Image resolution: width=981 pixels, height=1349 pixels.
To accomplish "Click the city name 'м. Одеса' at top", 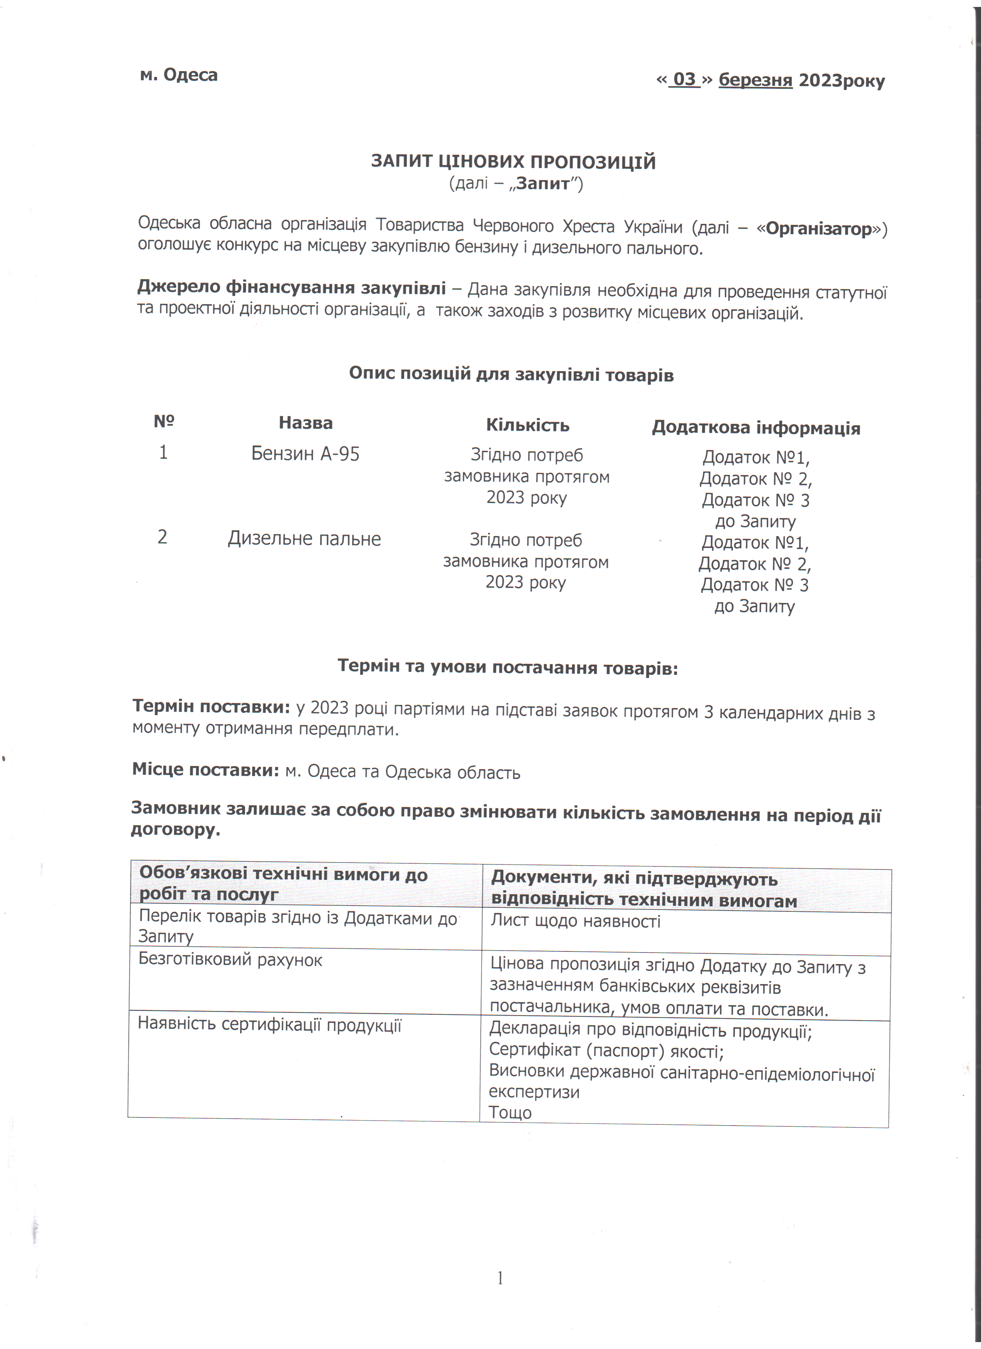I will [179, 75].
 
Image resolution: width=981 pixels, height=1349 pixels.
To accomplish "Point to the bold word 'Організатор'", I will [819, 228].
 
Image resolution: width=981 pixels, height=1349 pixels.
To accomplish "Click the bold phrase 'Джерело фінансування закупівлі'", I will [292, 288].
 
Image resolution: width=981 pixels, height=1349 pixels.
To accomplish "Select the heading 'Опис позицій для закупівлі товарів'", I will [511, 374].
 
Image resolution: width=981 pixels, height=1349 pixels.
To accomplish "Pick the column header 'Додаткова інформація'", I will [756, 428].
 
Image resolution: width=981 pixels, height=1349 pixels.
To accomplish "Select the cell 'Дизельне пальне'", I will [304, 538].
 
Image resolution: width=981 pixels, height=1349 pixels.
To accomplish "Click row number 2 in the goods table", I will [162, 537].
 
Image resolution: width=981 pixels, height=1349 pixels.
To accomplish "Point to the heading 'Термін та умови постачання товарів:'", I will [507, 667].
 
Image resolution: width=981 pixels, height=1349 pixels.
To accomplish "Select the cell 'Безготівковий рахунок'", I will [230, 960].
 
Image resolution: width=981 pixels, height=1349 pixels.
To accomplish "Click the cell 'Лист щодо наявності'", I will [575, 921].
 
